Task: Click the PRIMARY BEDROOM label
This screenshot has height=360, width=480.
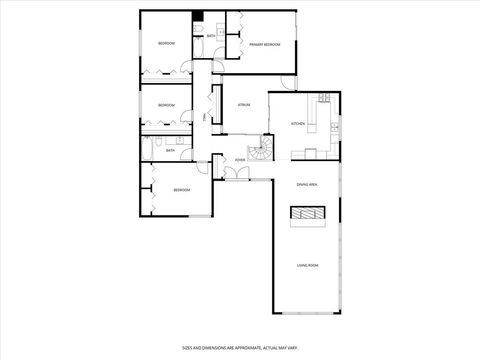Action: pos(265,45)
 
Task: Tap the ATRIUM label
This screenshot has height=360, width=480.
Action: pos(243,104)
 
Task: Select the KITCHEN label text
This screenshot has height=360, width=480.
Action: pos(297,123)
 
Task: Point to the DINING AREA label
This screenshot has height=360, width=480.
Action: pos(307,185)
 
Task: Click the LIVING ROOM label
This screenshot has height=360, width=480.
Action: pos(307,265)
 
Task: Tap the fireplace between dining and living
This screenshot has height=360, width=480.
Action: pos(307,215)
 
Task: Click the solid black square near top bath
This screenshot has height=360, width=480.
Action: pos(199,16)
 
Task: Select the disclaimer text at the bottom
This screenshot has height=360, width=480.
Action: pos(240,347)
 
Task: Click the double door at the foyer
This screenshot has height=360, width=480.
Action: pos(234,173)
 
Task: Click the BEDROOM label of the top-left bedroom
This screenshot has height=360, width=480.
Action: pos(166,44)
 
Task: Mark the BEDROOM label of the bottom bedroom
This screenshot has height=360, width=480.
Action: pos(181,190)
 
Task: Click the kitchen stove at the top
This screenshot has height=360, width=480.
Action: pos(324,98)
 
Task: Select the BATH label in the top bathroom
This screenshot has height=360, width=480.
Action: pos(210,37)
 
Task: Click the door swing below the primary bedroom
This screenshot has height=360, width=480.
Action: pos(288,80)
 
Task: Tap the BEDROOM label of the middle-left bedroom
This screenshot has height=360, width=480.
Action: pos(166,104)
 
